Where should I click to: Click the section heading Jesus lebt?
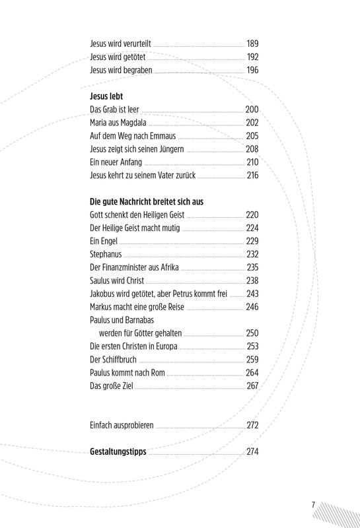pyautogui.click(x=106, y=96)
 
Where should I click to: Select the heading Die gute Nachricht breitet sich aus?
pyautogui.click(x=147, y=202)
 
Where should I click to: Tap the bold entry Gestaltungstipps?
pyautogui.click(x=118, y=451)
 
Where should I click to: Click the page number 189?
pyautogui.click(x=252, y=44)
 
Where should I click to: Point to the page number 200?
pyautogui.click(x=252, y=110)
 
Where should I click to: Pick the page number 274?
pyautogui.click(x=252, y=451)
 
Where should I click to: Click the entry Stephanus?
pyautogui.click(x=106, y=254)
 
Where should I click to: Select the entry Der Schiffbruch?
pyautogui.click(x=113, y=360)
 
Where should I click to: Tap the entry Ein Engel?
pyautogui.click(x=104, y=241)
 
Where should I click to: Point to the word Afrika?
pyautogui.click(x=170, y=267)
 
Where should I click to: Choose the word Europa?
pyautogui.click(x=166, y=346)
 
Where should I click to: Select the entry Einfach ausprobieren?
pyautogui.click(x=122, y=425)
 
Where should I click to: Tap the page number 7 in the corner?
pyautogui.click(x=313, y=505)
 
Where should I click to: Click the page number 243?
pyautogui.click(x=252, y=294)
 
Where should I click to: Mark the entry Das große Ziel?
pyautogui.click(x=112, y=386)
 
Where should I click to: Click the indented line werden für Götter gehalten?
pyautogui.click(x=140, y=333)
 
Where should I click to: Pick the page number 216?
pyautogui.click(x=252, y=175)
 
